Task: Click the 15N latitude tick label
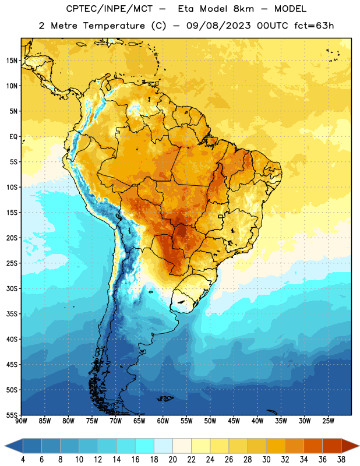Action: [12, 61]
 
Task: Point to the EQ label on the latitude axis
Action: [13, 137]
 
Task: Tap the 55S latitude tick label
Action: [12, 415]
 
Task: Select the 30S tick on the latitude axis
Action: [12, 288]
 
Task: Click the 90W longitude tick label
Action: [21, 421]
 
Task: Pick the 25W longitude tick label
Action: [328, 421]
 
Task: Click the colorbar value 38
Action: [341, 460]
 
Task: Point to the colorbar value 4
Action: [23, 460]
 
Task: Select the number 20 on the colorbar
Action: [172, 460]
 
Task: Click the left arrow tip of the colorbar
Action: [5, 446]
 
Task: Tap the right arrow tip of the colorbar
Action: [359, 446]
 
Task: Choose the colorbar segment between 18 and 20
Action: [163, 446]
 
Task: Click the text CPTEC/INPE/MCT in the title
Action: [110, 9]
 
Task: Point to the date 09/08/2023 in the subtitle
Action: [218, 26]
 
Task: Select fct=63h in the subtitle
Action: [314, 26]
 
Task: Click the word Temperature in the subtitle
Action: [114, 26]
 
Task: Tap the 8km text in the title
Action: [243, 9]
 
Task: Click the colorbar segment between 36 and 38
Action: [332, 446]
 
